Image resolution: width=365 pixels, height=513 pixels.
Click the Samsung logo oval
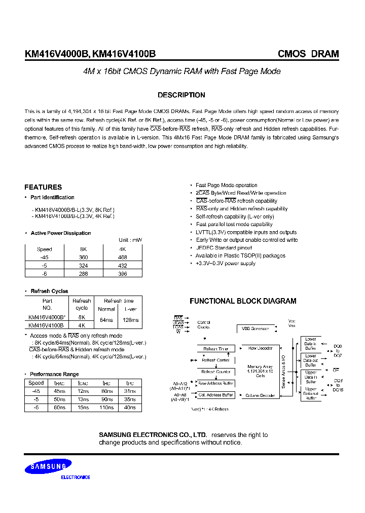(x=49, y=466)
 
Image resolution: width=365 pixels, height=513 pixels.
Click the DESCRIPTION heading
(x=181, y=95)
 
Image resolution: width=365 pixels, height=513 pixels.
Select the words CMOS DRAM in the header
(x=308, y=54)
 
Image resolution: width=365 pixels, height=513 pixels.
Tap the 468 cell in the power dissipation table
(x=122, y=258)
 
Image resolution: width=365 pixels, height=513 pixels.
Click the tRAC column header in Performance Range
(x=59, y=384)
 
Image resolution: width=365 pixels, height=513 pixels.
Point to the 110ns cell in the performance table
(x=106, y=408)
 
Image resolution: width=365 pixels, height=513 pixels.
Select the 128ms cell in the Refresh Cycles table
(x=129, y=320)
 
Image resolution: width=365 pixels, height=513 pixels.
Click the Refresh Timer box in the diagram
(x=216, y=349)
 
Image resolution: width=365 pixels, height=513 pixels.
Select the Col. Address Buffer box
(x=216, y=395)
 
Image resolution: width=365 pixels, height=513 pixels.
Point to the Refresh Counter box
(x=216, y=372)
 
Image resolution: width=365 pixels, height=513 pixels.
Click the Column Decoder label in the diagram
(x=261, y=395)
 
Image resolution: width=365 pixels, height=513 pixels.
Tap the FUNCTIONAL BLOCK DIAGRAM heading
(x=243, y=301)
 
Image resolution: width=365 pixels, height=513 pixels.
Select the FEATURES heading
(x=43, y=187)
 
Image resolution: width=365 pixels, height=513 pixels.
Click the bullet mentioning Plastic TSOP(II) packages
(x=240, y=255)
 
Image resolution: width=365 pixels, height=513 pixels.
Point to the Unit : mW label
(x=130, y=240)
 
